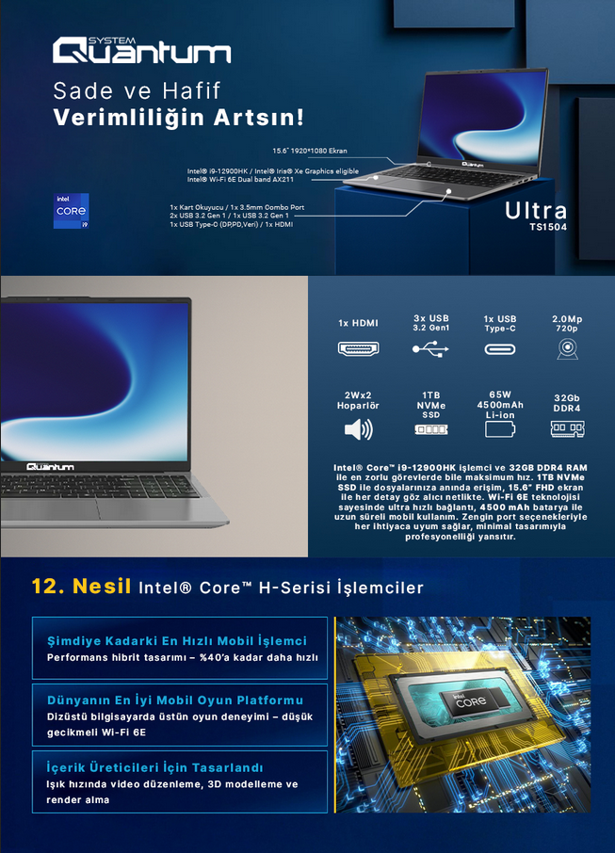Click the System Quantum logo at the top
coord(141,51)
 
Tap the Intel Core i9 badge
coord(71,211)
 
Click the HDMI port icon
coord(358,348)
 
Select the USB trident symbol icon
coord(430,348)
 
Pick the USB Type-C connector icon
coord(499,348)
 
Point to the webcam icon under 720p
coord(567,348)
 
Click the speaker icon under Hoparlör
coord(359,429)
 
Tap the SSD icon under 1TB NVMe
coord(431,429)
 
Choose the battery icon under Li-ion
coord(499,429)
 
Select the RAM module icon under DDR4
coord(567,429)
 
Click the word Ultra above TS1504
coord(536,211)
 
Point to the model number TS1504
coord(548,227)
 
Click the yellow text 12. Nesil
coord(81,586)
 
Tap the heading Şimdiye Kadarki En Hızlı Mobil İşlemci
coord(177,641)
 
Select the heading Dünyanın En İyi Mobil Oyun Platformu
coord(174,700)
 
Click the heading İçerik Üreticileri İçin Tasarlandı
coord(154,767)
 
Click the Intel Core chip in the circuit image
coord(471,700)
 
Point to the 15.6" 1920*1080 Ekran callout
coord(310,151)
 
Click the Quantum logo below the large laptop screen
coord(50,467)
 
